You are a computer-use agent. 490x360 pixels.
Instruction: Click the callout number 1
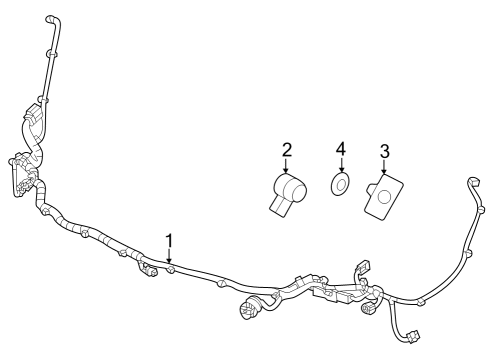point(170,241)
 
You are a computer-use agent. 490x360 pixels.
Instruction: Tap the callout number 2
point(287,151)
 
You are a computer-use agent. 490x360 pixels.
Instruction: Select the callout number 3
point(384,153)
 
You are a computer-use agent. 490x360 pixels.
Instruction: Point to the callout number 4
point(341,150)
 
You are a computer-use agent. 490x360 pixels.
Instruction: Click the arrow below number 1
point(171,258)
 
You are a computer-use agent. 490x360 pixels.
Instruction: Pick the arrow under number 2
point(287,168)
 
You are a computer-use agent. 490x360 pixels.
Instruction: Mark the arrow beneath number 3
point(384,171)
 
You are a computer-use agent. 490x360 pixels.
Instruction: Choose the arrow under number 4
point(341,167)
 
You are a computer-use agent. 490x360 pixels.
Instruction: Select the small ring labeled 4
point(341,184)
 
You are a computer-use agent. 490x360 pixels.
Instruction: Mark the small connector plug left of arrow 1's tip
point(150,270)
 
